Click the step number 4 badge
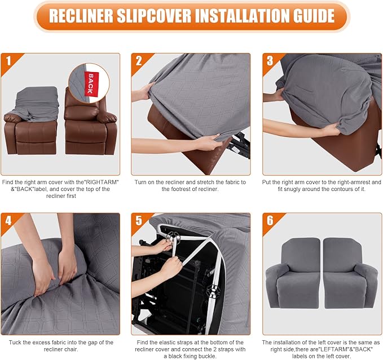(8, 220)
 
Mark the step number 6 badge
(270, 220)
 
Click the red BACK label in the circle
(89, 82)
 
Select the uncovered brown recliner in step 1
(90, 127)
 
